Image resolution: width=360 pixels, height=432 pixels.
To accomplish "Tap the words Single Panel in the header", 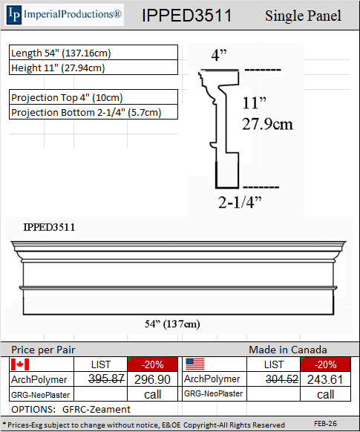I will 303,16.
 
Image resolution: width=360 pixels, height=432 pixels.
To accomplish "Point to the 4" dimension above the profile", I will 219,55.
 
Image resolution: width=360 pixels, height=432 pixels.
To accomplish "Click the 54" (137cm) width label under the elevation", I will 171,324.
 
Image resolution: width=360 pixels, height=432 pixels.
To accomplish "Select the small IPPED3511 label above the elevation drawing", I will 49,227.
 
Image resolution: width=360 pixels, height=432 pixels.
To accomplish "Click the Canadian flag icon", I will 19,364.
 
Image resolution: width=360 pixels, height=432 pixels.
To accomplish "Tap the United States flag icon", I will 195,364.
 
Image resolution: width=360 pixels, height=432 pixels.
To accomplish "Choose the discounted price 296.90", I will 153,379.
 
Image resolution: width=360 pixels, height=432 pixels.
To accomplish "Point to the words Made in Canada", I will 287,350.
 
